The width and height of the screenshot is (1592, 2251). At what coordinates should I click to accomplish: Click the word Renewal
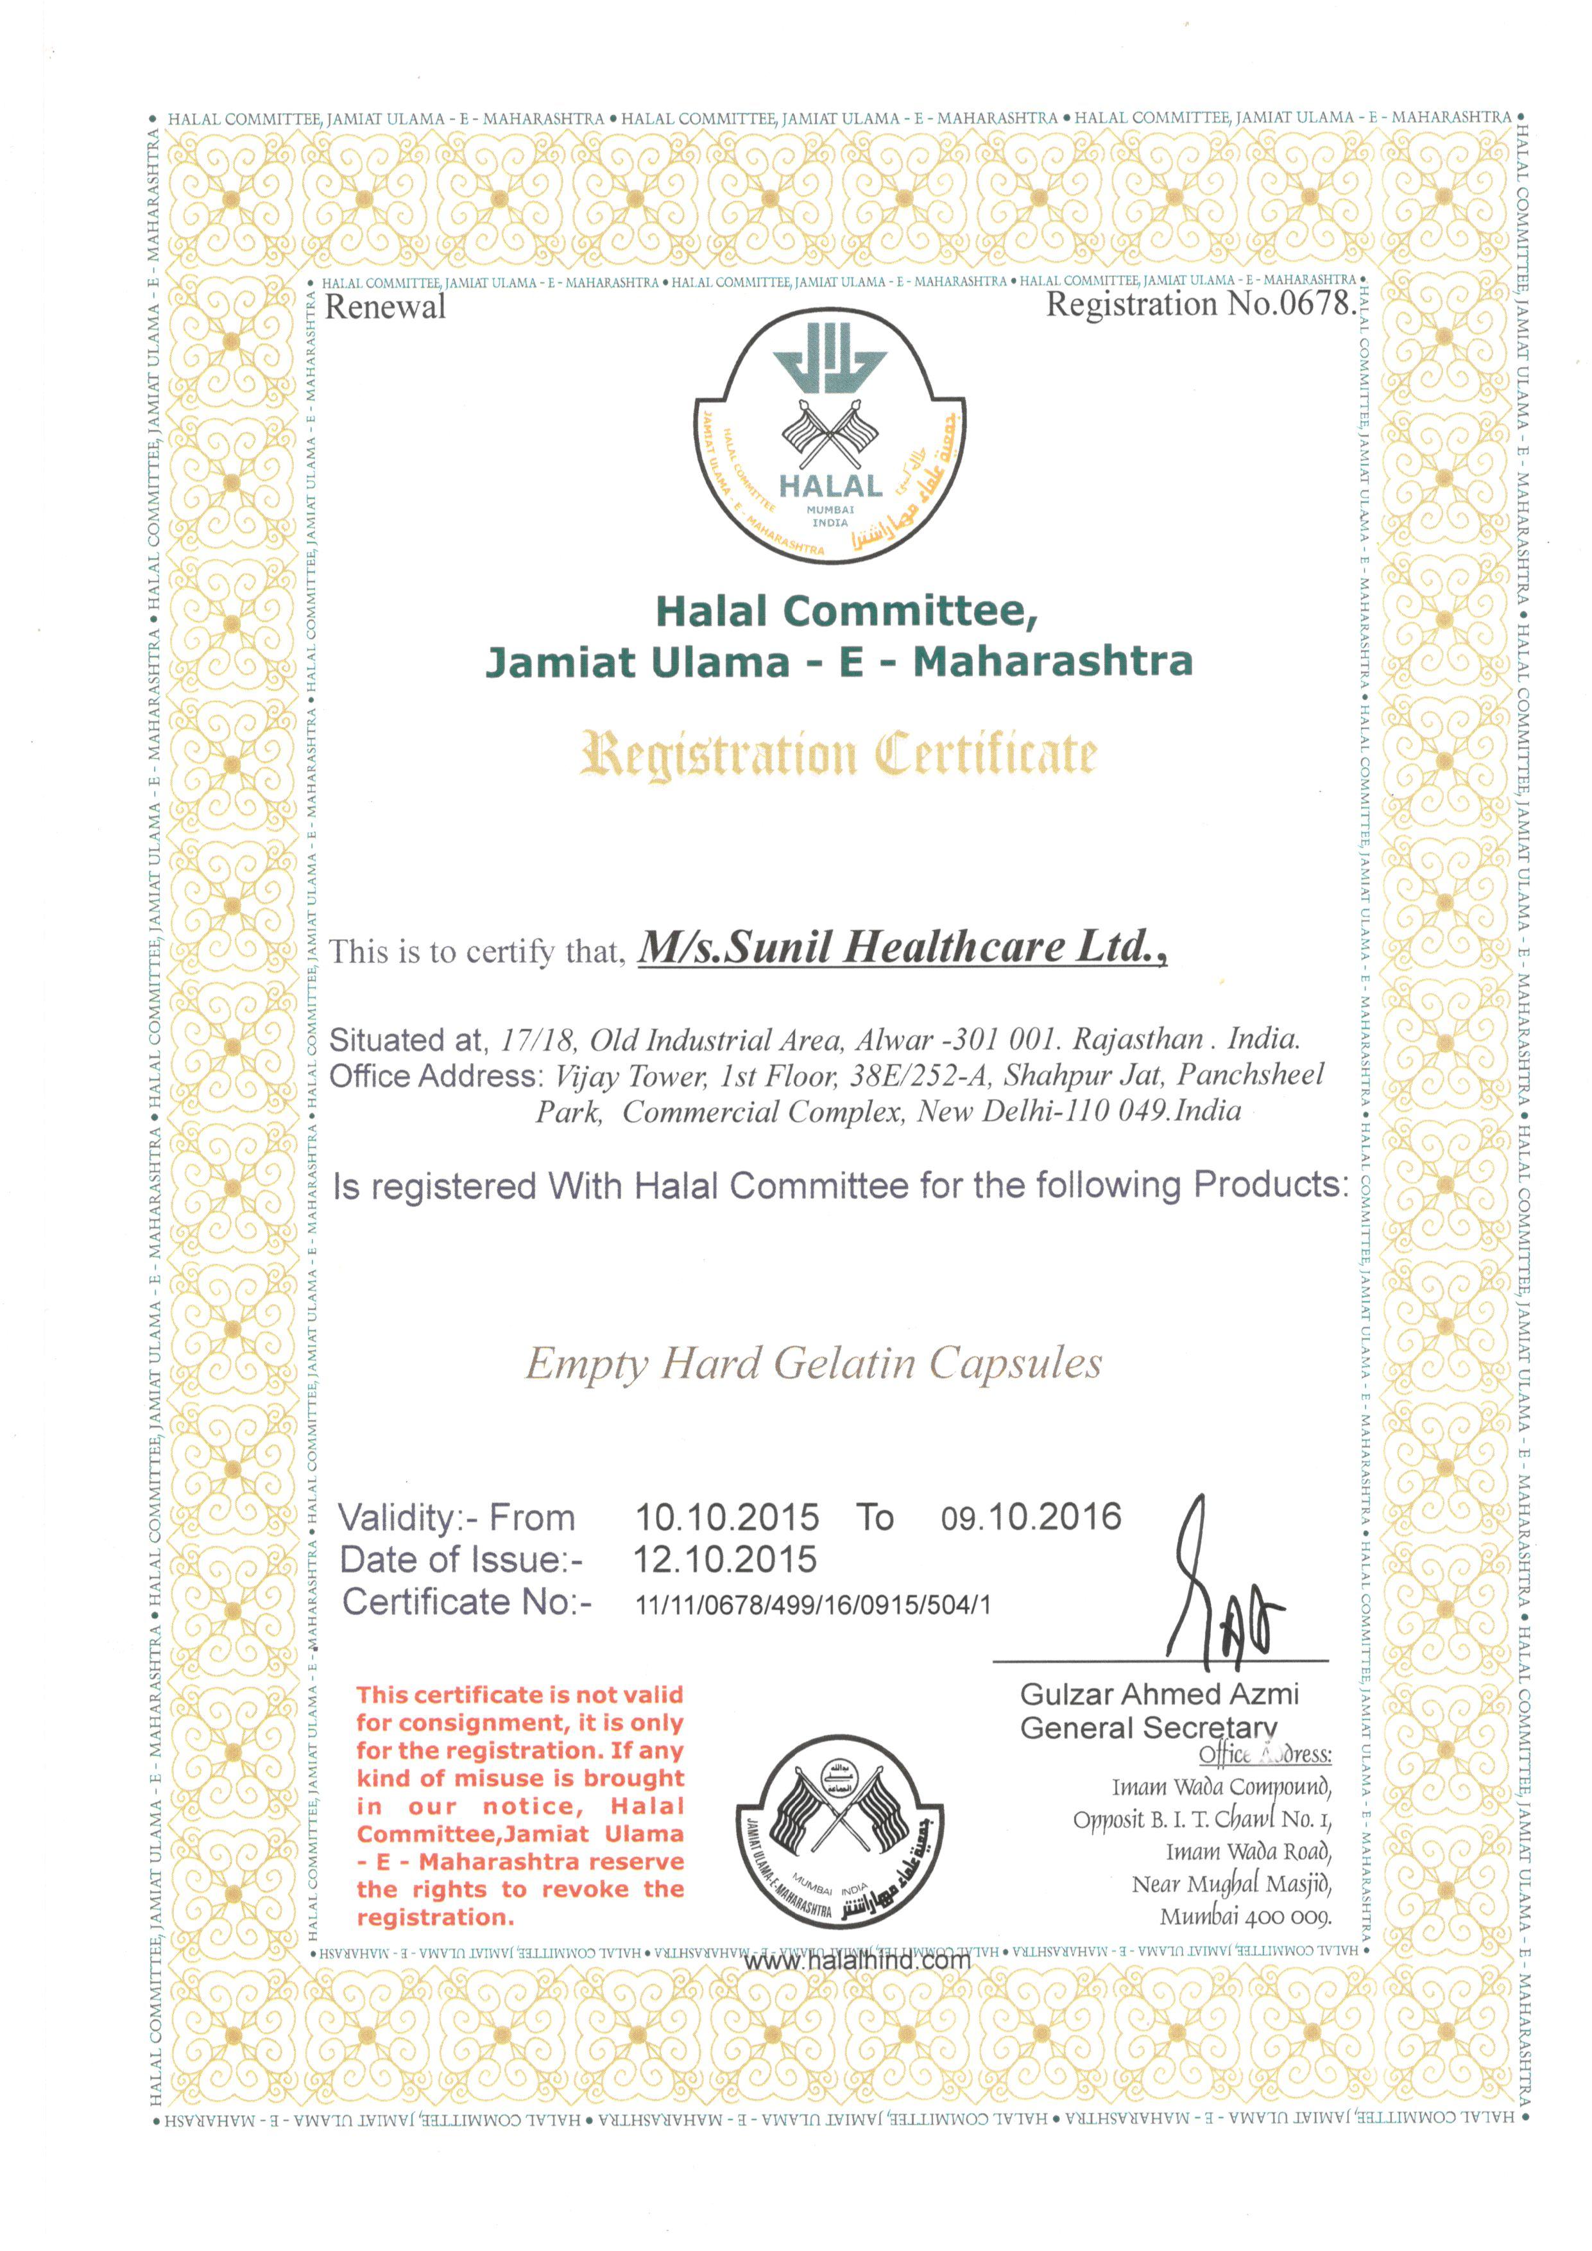click(384, 307)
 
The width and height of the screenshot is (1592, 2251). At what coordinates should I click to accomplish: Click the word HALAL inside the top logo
click(830, 485)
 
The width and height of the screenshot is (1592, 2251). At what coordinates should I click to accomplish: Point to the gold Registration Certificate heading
click(838, 755)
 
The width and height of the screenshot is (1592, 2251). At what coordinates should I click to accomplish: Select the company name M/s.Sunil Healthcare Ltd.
click(902, 947)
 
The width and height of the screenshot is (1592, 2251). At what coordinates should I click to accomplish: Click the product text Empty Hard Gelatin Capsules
click(814, 1363)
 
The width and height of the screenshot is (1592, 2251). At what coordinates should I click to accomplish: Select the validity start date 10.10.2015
click(726, 1517)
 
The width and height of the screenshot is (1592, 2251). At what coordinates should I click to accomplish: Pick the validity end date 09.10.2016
click(1031, 1517)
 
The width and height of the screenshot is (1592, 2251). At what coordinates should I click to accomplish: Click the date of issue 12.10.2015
click(724, 1560)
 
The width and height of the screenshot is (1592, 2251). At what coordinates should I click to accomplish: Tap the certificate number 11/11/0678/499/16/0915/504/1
click(812, 1605)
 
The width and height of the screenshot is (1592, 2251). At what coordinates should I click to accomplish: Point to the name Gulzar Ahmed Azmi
click(1159, 1694)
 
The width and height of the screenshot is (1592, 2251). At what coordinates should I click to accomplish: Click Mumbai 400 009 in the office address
click(1245, 1916)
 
